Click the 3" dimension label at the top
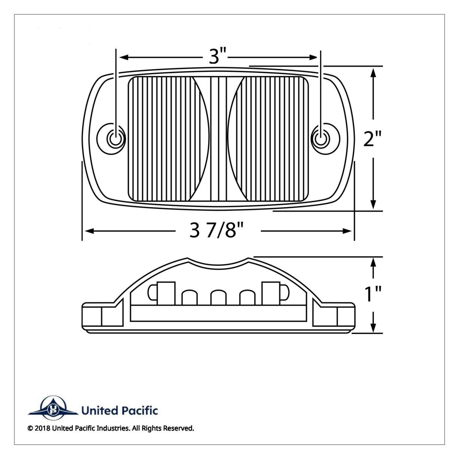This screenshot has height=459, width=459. (218, 57)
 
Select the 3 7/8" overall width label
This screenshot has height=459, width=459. (217, 231)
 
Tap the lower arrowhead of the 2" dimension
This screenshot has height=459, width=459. (374, 204)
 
